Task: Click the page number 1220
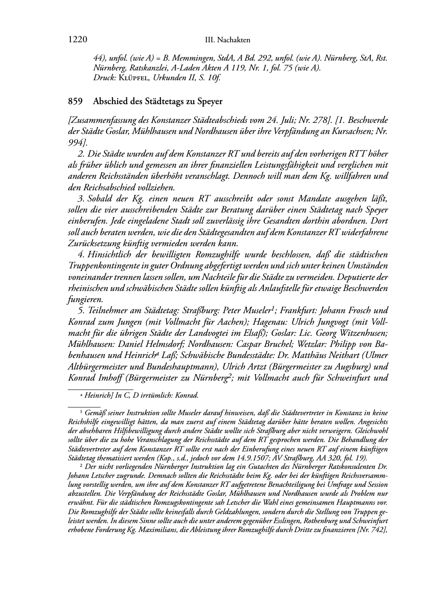click(78, 40)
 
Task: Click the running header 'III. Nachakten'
click(227, 40)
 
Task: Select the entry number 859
click(75, 102)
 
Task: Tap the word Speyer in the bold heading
click(208, 102)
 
